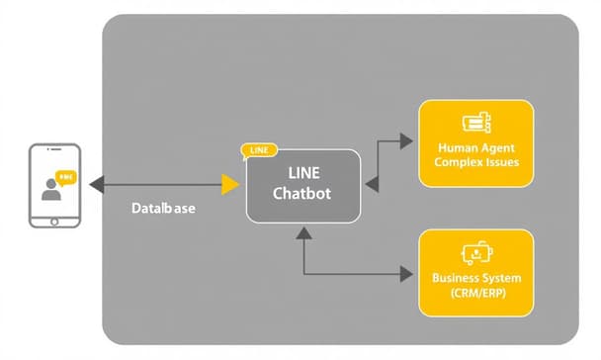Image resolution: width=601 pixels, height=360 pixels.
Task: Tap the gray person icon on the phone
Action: coord(50,189)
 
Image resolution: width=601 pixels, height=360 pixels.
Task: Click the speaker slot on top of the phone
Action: coord(54,150)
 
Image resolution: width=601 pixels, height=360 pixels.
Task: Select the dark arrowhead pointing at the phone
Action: coord(95,184)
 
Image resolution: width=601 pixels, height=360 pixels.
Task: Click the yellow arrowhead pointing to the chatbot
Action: coord(230,184)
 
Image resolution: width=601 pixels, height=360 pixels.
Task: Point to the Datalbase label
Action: coord(162,210)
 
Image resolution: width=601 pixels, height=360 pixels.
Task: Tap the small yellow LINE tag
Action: coord(259,150)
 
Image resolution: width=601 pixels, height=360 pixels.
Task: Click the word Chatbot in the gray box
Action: coord(302,194)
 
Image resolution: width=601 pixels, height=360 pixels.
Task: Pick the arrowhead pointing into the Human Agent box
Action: coord(406,141)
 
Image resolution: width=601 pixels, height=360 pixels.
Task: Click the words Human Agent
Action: coord(476,146)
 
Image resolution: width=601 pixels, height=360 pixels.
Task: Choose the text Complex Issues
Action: coord(476,161)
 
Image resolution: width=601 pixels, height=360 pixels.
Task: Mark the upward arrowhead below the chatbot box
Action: coord(304,233)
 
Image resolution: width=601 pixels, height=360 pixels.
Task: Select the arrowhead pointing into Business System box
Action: coord(406,274)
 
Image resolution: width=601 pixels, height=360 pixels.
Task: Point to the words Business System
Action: coord(476,278)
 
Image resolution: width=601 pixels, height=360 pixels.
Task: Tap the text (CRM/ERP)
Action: coord(476,294)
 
